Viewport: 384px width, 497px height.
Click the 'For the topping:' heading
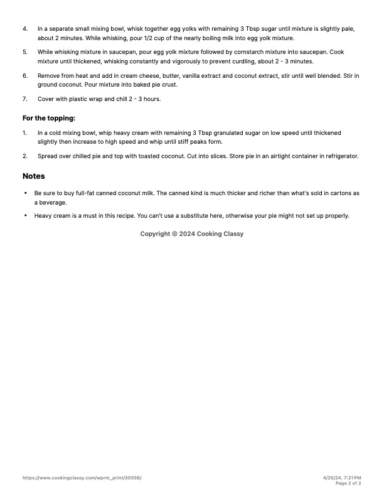(49, 118)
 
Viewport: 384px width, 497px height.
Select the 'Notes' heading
(34, 176)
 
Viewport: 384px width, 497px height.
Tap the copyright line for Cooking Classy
(191, 233)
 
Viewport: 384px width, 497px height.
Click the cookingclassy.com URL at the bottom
(82, 478)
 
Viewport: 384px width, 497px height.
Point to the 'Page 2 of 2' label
(348, 483)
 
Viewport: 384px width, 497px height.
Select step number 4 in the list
(25, 29)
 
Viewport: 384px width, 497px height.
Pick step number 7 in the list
(25, 99)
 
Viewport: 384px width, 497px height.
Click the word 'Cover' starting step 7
(46, 99)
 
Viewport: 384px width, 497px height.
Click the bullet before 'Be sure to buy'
(25, 193)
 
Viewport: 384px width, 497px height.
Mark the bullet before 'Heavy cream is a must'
(25, 216)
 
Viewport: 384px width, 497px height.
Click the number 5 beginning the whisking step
(25, 52)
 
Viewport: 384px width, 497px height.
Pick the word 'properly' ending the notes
(336, 216)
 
